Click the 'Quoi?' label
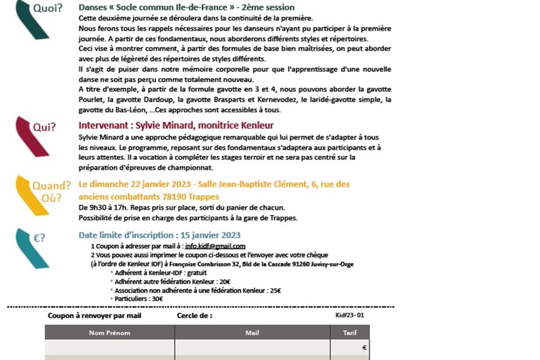click(48, 8)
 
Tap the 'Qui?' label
click(44, 127)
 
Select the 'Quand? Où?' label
click(51, 191)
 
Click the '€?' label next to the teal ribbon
click(39, 238)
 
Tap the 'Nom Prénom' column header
click(110, 333)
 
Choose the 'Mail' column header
click(252, 333)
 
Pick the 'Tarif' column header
click(350, 333)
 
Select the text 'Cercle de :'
click(195, 316)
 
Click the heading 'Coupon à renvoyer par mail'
click(94, 316)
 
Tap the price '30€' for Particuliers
click(157, 299)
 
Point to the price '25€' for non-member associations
click(275, 290)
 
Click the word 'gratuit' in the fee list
click(183, 272)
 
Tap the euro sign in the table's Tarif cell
click(364, 348)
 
